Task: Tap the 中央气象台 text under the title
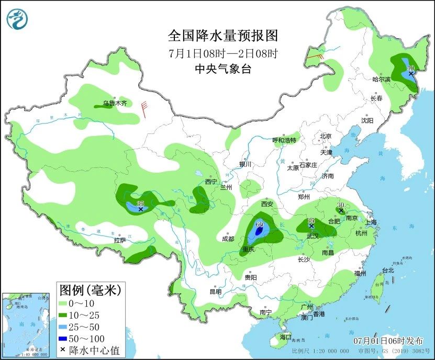222,69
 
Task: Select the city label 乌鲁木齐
114,103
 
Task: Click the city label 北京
326,136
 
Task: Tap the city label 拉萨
120,240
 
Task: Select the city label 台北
387,271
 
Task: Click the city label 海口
285,337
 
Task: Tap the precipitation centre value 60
260,224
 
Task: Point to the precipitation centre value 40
410,68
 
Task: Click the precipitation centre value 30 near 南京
341,205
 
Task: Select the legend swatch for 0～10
63,303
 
